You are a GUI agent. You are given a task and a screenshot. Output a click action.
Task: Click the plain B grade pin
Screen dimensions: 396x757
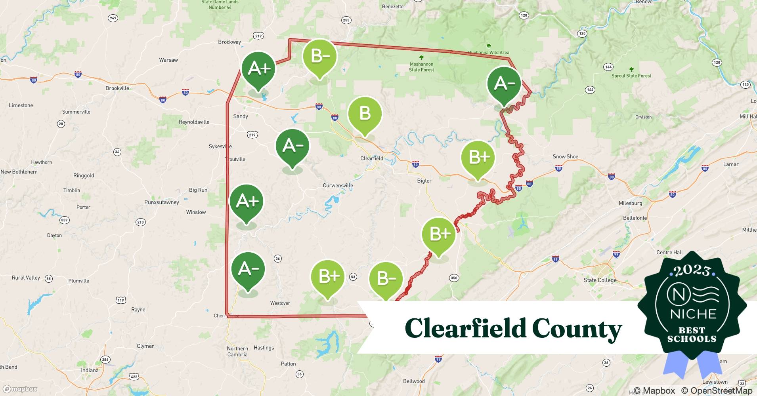click(365, 114)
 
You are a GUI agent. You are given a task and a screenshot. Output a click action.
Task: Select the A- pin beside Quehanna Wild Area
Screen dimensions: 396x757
click(504, 84)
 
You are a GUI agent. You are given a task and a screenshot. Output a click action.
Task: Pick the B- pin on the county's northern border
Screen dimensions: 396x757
click(319, 57)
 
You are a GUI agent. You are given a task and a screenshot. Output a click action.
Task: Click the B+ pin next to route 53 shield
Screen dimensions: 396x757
click(328, 276)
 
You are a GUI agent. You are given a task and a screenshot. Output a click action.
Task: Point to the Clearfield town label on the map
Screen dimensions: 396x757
click(371, 158)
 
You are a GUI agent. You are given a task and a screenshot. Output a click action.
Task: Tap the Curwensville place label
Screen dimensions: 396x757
click(338, 185)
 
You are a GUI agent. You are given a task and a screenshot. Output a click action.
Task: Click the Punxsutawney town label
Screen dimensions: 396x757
click(162, 202)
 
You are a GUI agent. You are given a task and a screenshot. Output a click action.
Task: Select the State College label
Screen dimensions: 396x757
click(600, 280)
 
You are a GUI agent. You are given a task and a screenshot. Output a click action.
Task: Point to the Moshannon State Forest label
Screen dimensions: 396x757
click(421, 67)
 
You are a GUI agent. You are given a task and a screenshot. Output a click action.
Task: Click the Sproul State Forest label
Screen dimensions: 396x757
click(631, 76)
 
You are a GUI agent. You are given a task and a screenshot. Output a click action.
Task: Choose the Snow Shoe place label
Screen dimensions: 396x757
click(565, 156)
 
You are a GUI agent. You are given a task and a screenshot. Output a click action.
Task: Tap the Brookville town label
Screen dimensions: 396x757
click(117, 88)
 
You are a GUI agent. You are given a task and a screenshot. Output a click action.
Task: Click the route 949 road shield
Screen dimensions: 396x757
click(113, 18)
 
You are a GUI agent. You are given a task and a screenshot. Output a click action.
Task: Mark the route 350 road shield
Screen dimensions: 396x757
click(454, 278)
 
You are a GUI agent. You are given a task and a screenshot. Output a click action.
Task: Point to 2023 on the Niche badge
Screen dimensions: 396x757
click(692, 270)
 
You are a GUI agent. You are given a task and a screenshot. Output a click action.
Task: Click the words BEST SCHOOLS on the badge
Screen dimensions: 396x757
click(692, 334)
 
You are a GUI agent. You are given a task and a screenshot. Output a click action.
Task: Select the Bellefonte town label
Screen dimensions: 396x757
click(635, 218)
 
